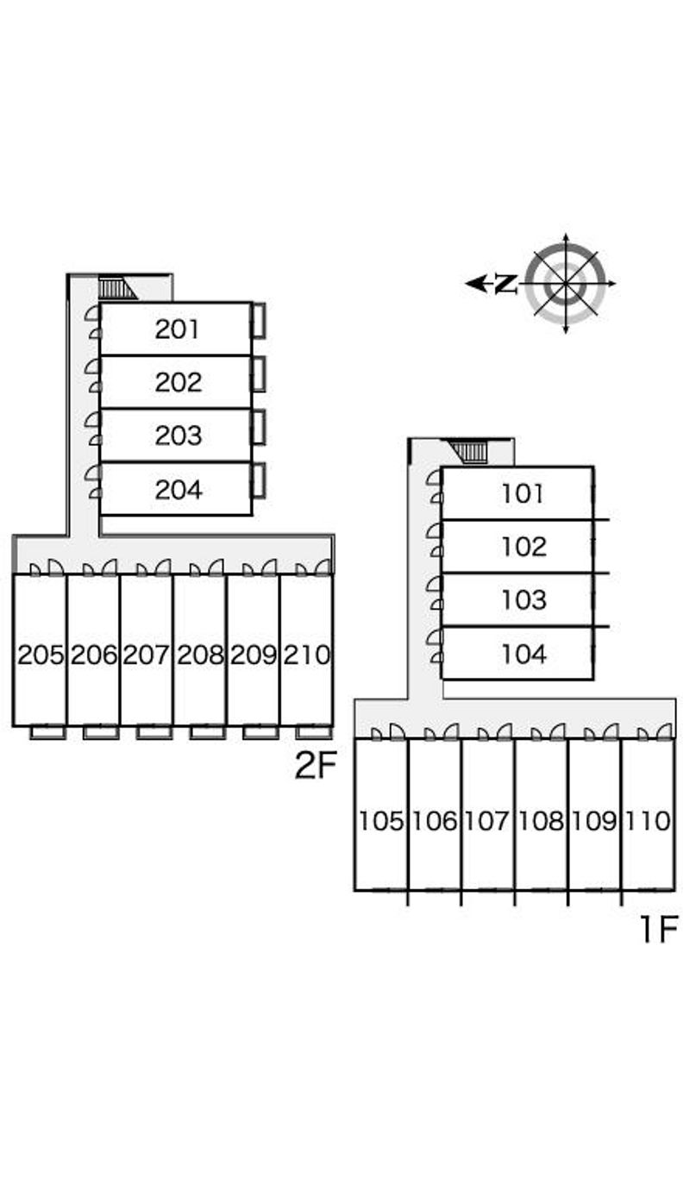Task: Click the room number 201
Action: pos(177,329)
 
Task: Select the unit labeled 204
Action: pos(179,490)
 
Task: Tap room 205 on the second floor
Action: pos(41,655)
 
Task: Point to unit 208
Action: pos(200,655)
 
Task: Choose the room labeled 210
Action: pos(307,655)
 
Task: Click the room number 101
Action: pos(523,493)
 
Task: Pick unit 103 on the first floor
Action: pos(523,600)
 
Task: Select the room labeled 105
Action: pos(381,821)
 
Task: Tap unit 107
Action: pos(488,821)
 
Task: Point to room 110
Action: pos(649,821)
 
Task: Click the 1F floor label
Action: pos(656,930)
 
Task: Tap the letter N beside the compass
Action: pos(506,283)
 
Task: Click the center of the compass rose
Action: pos(565,283)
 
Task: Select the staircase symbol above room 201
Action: pos(116,288)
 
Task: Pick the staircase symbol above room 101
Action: pos(470,451)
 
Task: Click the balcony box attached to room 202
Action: pos(258,374)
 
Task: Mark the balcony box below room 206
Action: pos(101,732)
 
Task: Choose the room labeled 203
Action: pos(179,436)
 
